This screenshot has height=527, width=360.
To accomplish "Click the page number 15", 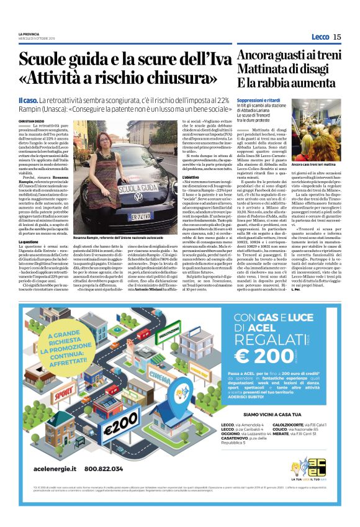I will click(337, 37).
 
